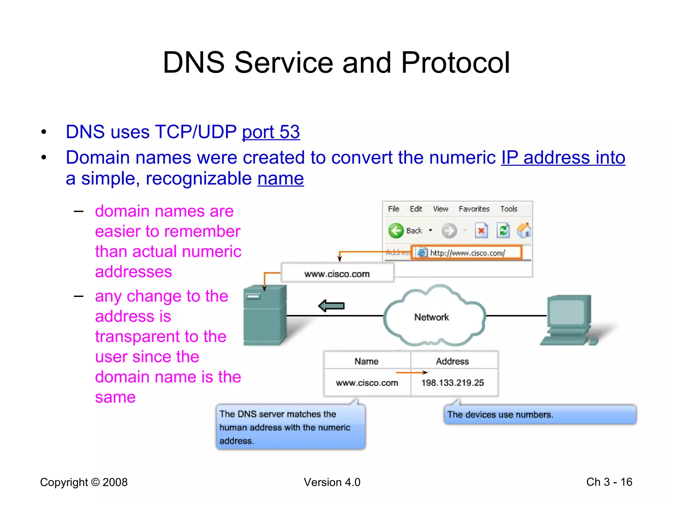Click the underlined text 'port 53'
[271, 132]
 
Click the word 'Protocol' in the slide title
[455, 62]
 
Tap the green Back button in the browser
[396, 230]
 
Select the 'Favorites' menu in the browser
[474, 209]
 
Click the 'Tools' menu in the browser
[509, 209]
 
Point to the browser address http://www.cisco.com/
[467, 253]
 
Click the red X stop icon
[481, 230]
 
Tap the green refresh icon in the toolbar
[503, 230]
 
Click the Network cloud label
[431, 317]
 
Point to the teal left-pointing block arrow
[331, 306]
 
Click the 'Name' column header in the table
[366, 361]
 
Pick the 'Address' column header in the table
[452, 361]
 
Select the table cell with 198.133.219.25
[453, 383]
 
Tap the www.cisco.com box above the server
[337, 274]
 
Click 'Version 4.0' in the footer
[332, 482]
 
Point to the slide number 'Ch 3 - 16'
[609, 482]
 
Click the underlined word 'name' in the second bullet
[281, 179]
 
